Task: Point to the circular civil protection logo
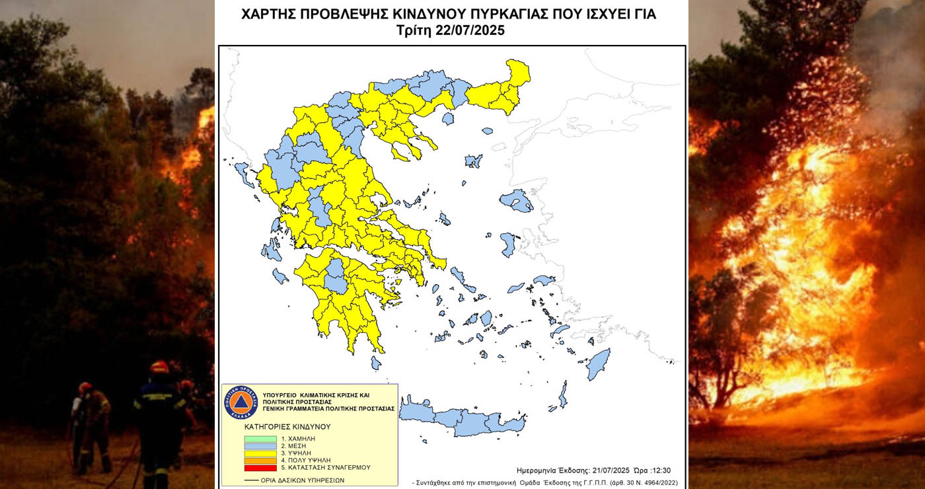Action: point(240,402)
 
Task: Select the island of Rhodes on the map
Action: point(599,364)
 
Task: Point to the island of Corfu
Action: point(242,173)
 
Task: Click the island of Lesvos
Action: point(516,200)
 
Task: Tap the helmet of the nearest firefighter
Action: point(159,367)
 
